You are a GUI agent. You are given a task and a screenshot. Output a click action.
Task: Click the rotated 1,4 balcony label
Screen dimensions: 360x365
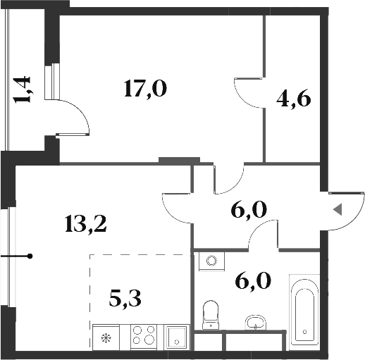point(23,90)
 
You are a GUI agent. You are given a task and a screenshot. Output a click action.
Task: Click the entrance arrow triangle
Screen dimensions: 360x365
point(338,209)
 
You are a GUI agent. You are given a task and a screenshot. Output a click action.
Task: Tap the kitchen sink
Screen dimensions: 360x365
point(176,336)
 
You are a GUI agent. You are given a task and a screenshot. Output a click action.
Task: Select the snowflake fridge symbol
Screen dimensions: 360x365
point(107,336)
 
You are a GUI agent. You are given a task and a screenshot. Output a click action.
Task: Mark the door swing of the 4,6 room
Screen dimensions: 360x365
point(247,92)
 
